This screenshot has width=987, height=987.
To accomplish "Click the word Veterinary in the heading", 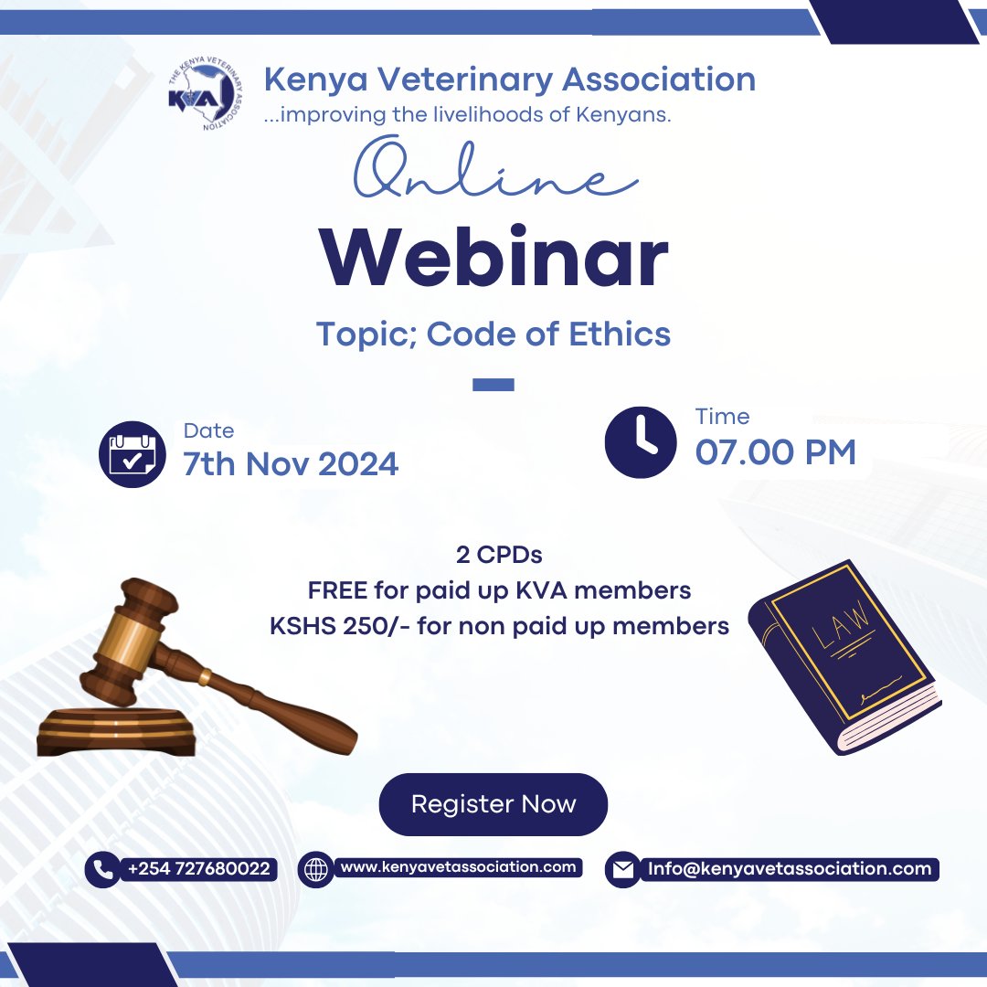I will (454, 80).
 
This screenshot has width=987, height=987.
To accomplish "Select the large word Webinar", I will (493, 257).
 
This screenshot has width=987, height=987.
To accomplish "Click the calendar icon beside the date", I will (132, 454).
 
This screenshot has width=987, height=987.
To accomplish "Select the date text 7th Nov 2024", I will (291, 464).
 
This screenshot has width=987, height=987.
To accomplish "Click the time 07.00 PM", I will (775, 452).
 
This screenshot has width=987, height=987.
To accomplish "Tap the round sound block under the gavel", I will (116, 731).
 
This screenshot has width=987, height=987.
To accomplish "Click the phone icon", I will (102, 869).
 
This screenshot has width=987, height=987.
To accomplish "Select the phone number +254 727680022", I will (199, 868).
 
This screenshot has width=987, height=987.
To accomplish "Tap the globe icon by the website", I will (316, 869).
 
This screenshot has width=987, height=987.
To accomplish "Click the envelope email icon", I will (623, 870).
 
